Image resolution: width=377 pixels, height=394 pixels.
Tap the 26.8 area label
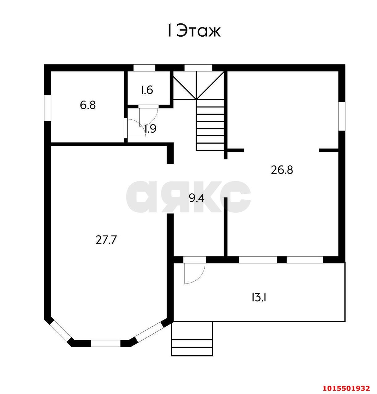coord(282,170)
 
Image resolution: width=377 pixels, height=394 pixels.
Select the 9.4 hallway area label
coord(197,198)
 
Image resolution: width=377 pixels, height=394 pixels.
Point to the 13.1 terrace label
coord(259,297)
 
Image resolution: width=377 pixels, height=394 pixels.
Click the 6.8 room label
coord(88,105)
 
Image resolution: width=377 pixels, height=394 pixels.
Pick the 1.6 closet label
coord(147,90)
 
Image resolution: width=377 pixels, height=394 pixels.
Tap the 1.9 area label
coord(150,129)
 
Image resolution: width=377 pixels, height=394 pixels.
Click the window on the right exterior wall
coord(342,116)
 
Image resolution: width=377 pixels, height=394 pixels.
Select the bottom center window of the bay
coord(105,343)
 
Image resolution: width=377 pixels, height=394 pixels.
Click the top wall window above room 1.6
coord(144,68)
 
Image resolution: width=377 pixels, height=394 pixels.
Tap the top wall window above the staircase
coord(198,68)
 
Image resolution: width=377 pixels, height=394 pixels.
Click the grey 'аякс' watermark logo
coord(188,197)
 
